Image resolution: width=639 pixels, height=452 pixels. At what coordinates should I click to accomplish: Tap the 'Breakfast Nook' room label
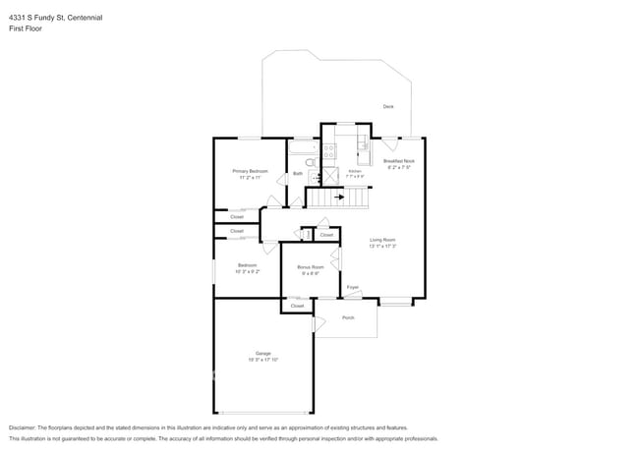pyautogui.click(x=399, y=160)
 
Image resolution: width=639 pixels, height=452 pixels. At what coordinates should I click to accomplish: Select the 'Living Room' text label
pyautogui.click(x=382, y=240)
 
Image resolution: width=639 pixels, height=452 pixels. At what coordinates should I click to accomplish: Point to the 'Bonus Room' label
pyautogui.click(x=310, y=266)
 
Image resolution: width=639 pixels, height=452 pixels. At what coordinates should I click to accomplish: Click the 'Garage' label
pyautogui.click(x=262, y=353)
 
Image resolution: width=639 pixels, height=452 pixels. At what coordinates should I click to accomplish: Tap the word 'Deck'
pyautogui.click(x=388, y=106)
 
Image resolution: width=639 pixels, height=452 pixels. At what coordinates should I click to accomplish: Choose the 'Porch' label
pyautogui.click(x=348, y=318)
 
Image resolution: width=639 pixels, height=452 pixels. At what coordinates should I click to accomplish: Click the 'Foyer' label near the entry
pyautogui.click(x=352, y=287)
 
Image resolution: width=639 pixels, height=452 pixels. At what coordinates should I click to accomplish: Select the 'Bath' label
pyautogui.click(x=298, y=174)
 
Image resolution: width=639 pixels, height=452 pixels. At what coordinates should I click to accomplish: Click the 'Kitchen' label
pyautogui.click(x=354, y=171)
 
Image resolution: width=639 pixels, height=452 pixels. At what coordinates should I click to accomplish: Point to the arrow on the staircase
pyautogui.click(x=339, y=197)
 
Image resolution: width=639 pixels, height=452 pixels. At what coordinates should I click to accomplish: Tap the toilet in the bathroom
pyautogui.click(x=310, y=162)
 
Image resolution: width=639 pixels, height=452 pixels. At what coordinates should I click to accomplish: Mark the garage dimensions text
pyautogui.click(x=262, y=360)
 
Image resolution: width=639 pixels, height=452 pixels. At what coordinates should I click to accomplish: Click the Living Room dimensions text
pyautogui.click(x=382, y=247)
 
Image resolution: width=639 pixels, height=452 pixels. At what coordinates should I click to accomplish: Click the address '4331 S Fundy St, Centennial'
pyautogui.click(x=55, y=17)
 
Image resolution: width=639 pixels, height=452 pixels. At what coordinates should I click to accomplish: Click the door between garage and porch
pyautogui.click(x=315, y=324)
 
